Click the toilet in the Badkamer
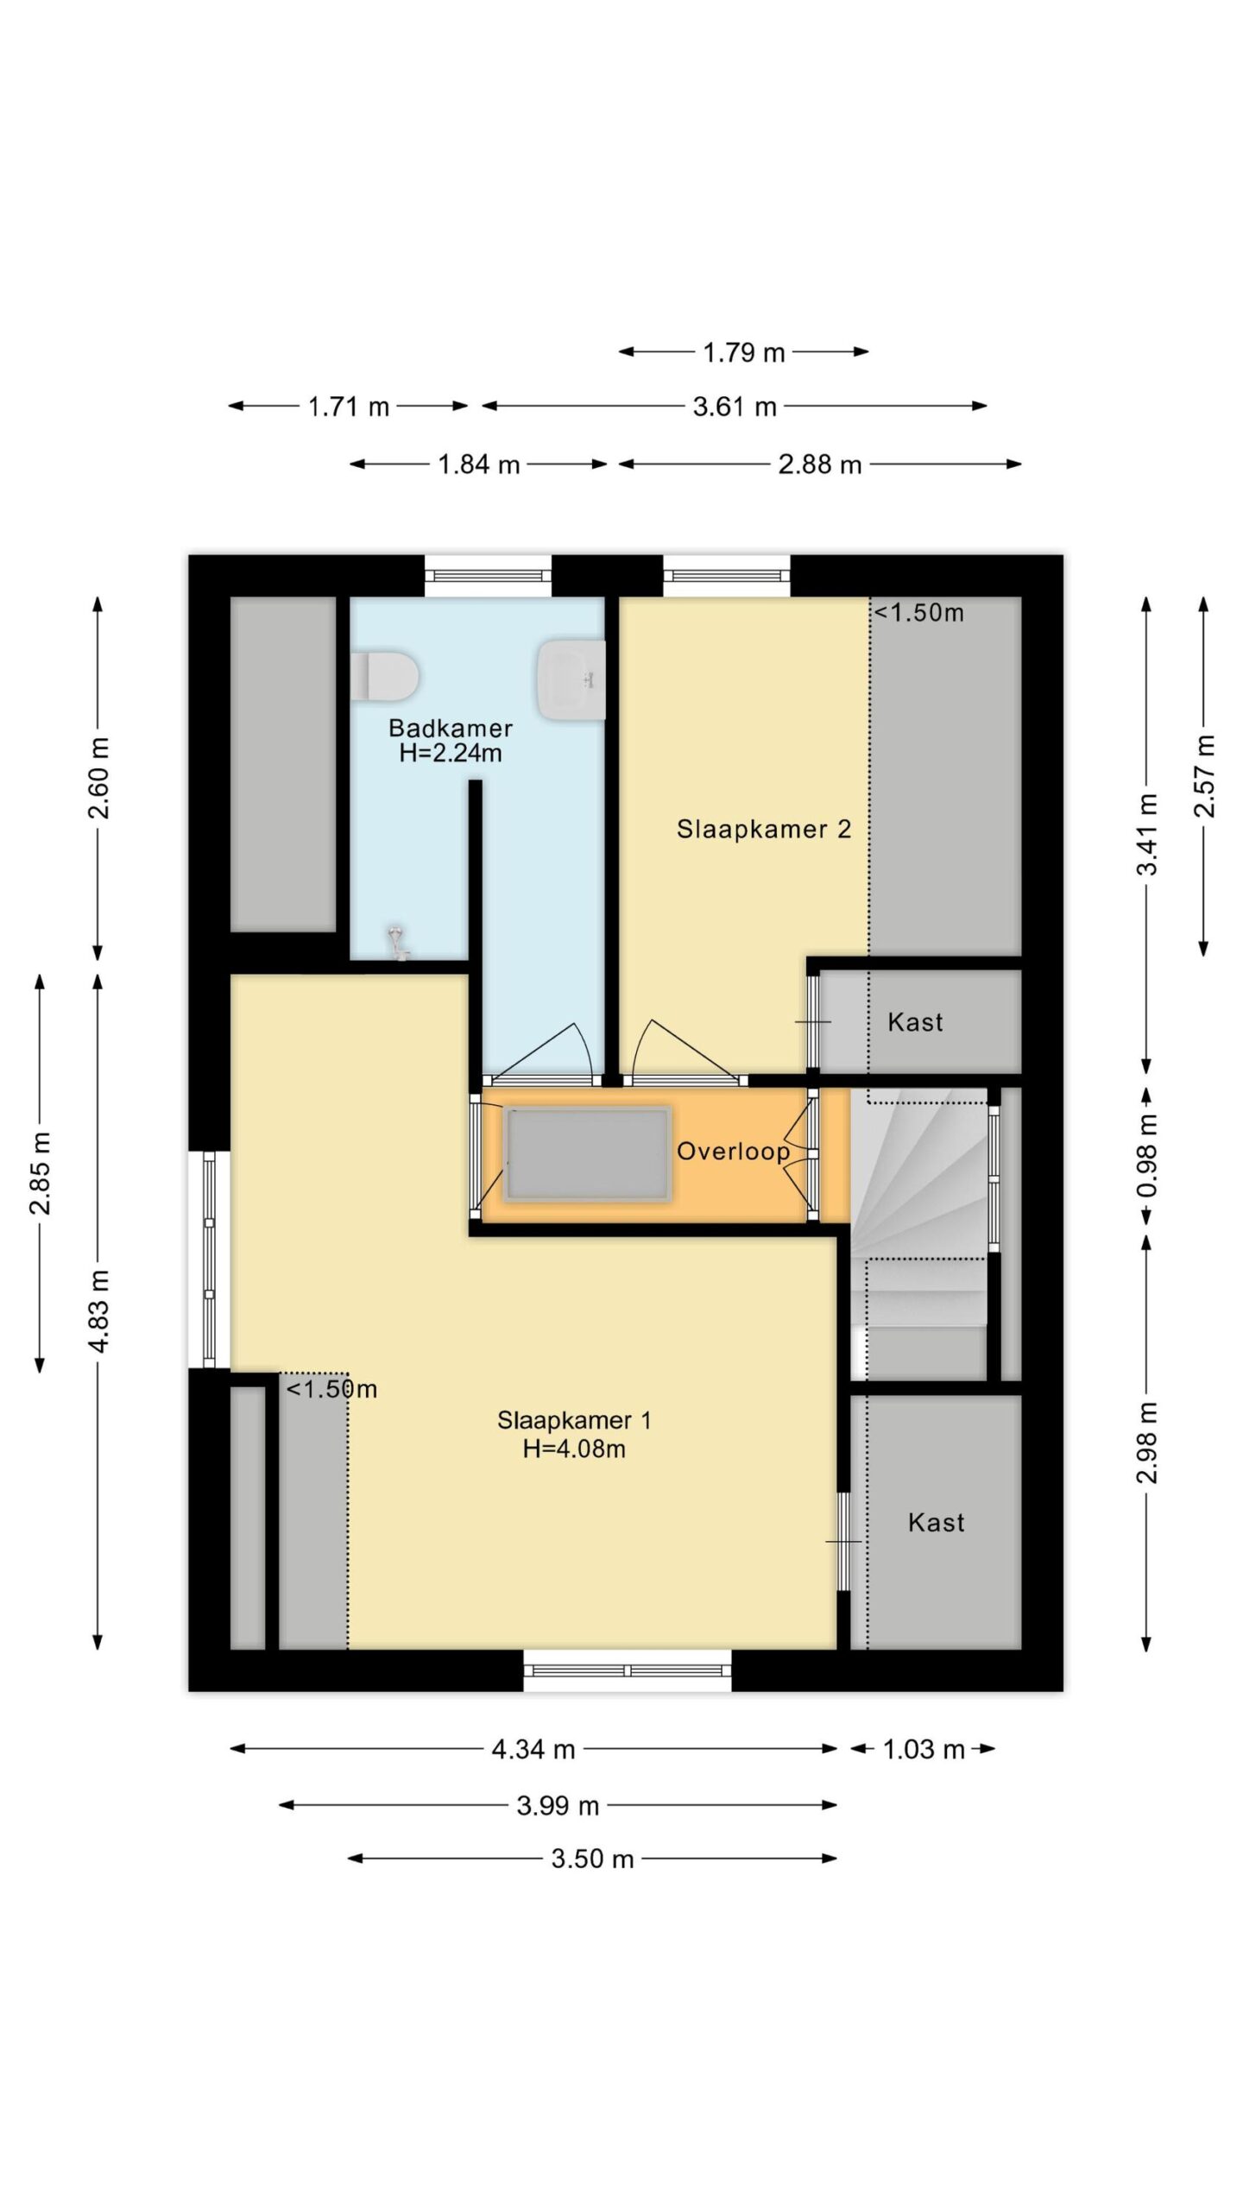coord(384,676)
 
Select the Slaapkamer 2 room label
coord(764,830)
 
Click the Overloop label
coord(733,1151)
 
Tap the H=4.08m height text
coord(574,1449)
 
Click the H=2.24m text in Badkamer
coord(450,753)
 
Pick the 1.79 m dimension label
coord(743,352)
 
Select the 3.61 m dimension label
coord(735,407)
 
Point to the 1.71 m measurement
coord(349,407)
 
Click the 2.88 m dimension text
coord(819,464)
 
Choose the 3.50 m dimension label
coord(592,1859)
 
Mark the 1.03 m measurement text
coord(923,1749)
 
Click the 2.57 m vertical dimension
coord(1204,775)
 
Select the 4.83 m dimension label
coord(99,1311)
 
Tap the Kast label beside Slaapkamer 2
coord(915,1022)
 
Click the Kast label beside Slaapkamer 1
coord(936,1522)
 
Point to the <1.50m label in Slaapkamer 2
coord(918,613)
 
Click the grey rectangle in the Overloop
coord(588,1154)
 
